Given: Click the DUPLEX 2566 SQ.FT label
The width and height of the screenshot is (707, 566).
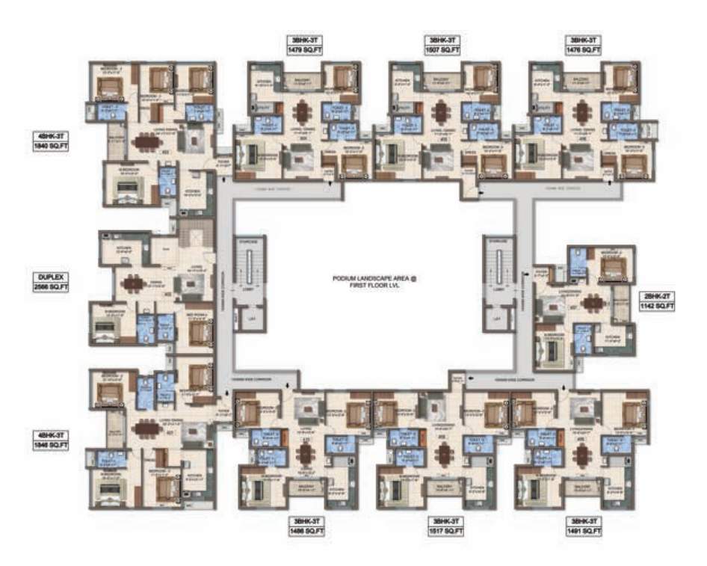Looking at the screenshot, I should coord(50,282).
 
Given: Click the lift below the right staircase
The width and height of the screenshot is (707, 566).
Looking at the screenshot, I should coord(495,319).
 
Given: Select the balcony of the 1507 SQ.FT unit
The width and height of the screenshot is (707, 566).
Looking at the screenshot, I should coord(436,81).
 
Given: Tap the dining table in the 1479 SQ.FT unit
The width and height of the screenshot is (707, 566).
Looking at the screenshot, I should coord(301,113).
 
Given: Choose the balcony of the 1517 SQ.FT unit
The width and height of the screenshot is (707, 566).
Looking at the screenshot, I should coord(441,487).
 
